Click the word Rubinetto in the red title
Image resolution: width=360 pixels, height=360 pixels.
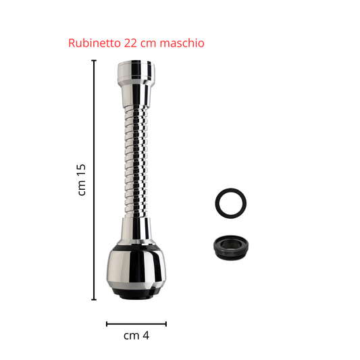click(95, 43)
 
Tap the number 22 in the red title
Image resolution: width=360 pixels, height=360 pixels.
click(130, 43)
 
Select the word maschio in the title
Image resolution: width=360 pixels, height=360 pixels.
click(182, 43)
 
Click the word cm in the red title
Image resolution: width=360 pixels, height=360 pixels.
click(149, 44)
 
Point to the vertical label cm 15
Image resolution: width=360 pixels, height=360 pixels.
click(82, 180)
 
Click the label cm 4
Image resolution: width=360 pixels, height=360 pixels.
click(136, 336)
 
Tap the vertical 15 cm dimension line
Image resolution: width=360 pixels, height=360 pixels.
click(94, 180)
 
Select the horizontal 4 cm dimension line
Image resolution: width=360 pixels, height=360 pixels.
click(136, 324)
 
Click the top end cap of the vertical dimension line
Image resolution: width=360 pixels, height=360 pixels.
click(94, 60)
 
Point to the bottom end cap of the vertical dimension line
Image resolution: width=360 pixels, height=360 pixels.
click(94, 299)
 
